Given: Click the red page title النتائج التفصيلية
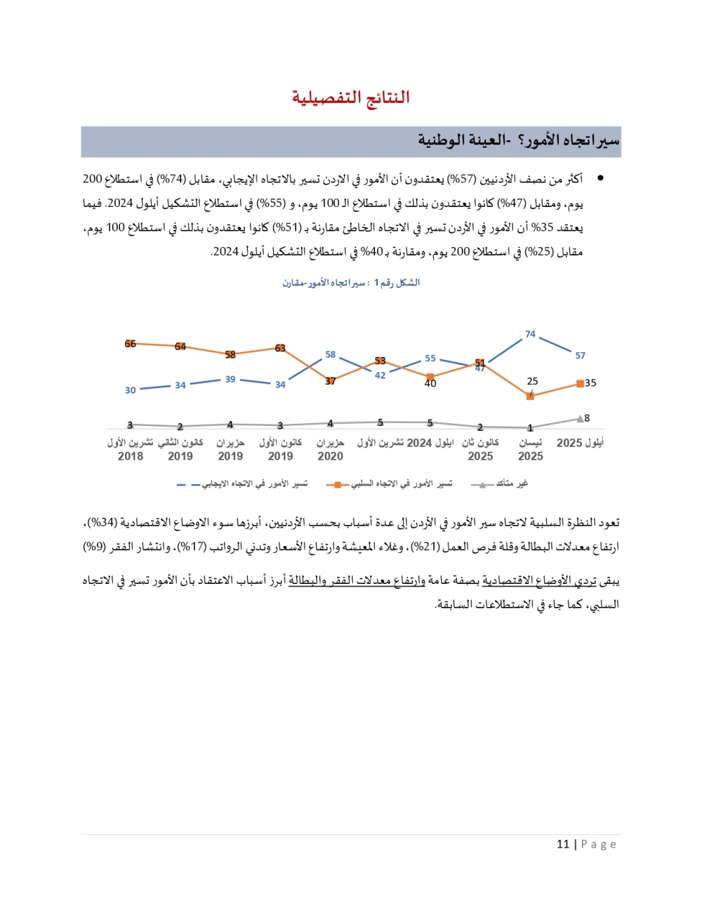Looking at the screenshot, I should [350, 98].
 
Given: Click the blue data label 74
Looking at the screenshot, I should [530, 334].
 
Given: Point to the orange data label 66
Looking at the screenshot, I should [130, 344].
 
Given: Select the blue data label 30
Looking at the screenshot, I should [130, 390].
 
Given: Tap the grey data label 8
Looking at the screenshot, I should [587, 418].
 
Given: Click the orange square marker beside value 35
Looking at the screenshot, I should [580, 383].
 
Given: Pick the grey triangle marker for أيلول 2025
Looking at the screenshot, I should [580, 419].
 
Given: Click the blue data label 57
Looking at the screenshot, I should [580, 356].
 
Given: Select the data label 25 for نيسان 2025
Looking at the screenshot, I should [532, 381].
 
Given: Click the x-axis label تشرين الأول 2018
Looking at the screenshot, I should [131, 449].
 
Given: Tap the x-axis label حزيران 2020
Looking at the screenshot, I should [330, 449].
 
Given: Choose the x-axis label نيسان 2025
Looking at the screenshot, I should [530, 449].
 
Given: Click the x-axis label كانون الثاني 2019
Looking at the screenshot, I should [180, 449].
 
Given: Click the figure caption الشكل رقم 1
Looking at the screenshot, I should [351, 283].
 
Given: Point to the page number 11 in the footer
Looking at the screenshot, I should [562, 844].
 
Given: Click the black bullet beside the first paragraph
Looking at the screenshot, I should [600, 178].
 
